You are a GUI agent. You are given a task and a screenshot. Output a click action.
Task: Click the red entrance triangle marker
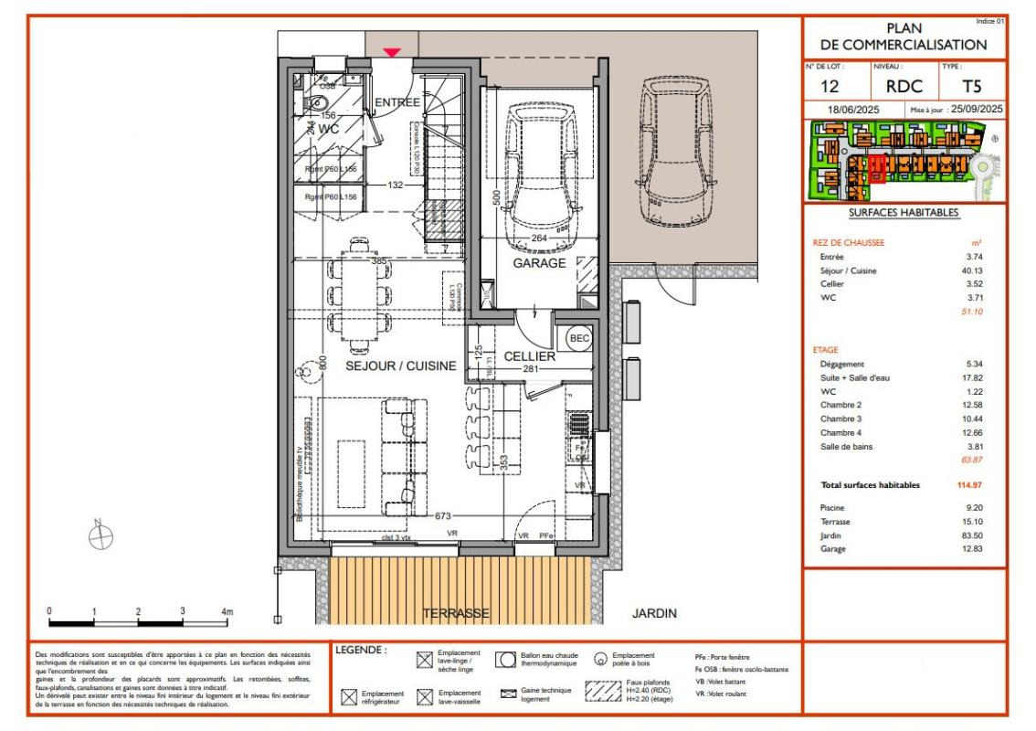pos(392,52)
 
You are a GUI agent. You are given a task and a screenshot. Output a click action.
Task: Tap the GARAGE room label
pos(538,262)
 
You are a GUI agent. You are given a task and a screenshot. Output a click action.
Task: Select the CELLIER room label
pos(529,355)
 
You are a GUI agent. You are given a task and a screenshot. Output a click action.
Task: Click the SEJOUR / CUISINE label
pos(400,365)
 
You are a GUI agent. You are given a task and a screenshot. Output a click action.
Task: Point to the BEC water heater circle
pos(579,337)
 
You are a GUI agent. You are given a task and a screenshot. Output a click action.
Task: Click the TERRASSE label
pos(456,613)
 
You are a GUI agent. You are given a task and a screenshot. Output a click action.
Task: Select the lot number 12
pos(831,88)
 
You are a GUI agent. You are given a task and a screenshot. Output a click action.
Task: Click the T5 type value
pos(973,88)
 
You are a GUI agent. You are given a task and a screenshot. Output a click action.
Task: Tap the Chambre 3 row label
pos(840,418)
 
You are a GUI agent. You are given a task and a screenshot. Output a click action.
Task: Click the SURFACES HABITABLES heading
pos(903,213)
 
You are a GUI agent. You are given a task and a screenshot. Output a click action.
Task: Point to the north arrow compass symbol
pos(101,535)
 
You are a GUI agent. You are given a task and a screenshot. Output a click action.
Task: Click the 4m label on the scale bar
pos(227,610)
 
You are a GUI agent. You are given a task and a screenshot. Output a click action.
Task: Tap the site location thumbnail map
pos(903,161)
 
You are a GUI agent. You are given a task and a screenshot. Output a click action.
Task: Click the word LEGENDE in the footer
pos(361,651)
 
